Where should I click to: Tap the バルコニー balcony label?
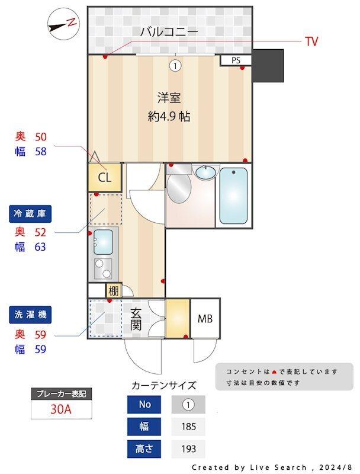pos(169,32)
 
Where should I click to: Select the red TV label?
pos(311,41)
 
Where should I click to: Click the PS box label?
pos(236,60)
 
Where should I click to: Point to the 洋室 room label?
pos(169,97)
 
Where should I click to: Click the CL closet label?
pos(104,177)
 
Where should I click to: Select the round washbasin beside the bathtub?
pos(205,173)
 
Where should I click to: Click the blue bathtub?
pos(233,196)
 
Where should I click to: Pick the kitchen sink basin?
pos(104,241)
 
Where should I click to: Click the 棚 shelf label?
pos(112,290)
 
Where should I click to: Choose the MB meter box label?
pos(205,319)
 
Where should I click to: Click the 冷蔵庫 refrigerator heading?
pos(31,213)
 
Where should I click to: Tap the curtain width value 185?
pos(188,427)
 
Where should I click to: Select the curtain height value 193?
pos(188,449)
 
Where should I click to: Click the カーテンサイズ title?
pos(163,385)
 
